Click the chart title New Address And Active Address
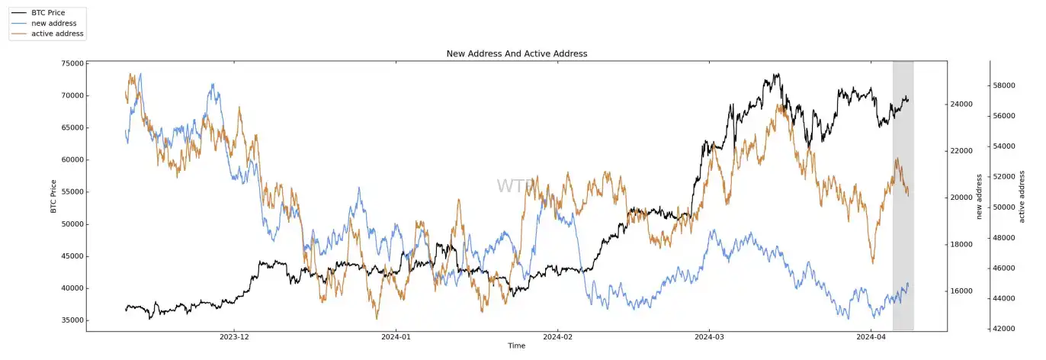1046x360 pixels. pyautogui.click(x=516, y=53)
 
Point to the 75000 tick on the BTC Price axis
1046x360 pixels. pyautogui.click(x=72, y=64)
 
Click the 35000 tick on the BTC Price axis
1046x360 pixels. pyautogui.click(x=72, y=320)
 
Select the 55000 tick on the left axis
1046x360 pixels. pyautogui.click(x=72, y=192)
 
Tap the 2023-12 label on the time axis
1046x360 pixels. pyautogui.click(x=234, y=336)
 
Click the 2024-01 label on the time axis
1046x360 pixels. pyautogui.click(x=396, y=336)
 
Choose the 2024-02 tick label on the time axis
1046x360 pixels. pyautogui.click(x=557, y=336)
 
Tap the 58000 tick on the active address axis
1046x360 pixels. pyautogui.click(x=1007, y=85)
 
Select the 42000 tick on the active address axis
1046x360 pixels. pyautogui.click(x=1007, y=329)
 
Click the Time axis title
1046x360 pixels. pyautogui.click(x=516, y=346)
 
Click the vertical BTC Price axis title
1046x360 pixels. pyautogui.click(x=53, y=195)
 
